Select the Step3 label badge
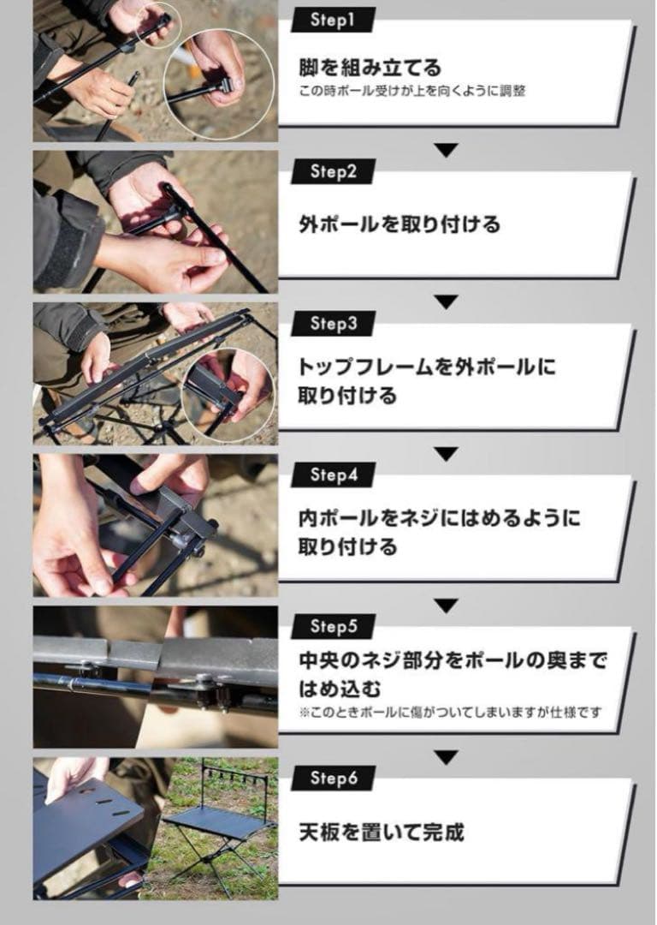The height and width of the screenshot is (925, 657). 333,324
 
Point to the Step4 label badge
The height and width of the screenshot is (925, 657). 333,474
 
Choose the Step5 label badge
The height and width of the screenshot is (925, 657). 333,627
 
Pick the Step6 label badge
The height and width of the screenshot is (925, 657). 333,778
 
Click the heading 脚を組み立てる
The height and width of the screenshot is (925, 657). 370,67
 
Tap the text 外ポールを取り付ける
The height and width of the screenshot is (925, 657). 400,225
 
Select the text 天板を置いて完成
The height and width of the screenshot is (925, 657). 382,832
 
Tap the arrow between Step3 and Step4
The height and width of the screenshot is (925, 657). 446,453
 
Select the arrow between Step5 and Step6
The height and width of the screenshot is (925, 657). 446,757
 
